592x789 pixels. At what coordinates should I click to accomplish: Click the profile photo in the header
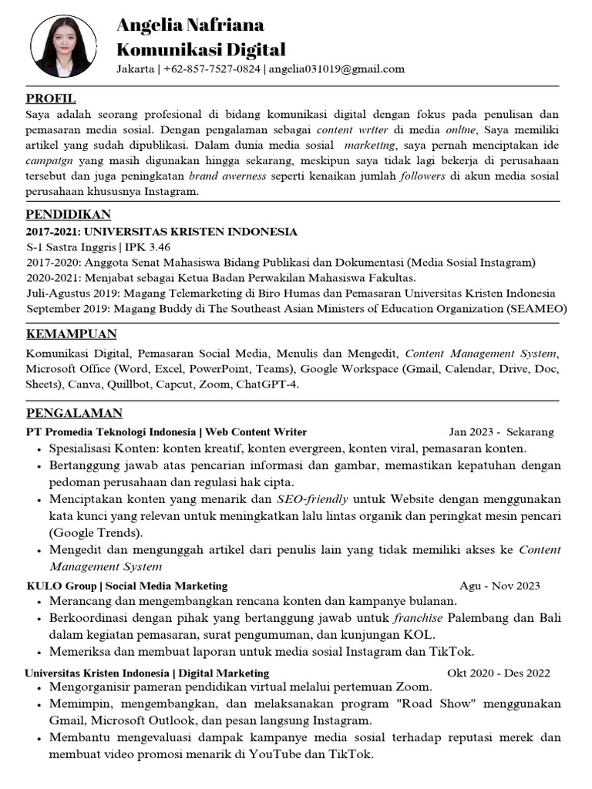pos(64,46)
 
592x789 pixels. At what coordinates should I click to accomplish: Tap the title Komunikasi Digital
pos(200,50)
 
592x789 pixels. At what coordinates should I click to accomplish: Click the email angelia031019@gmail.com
pos(336,69)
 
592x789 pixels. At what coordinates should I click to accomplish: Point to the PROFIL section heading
pos(51,99)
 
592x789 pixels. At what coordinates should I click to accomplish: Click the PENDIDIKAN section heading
pos(68,214)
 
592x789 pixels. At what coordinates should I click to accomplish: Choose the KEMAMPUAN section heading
pos(71,334)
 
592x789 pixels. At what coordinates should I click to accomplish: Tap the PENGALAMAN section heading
pos(74,413)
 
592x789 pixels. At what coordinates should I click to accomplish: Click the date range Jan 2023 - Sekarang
pos(501,431)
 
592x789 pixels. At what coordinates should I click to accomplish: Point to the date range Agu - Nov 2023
pos(499,586)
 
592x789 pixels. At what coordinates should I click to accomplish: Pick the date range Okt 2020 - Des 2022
pos(498,673)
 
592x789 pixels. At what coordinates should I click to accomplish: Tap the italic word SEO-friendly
pos(312,499)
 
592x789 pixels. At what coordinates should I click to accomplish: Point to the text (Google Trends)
pos(96,532)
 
